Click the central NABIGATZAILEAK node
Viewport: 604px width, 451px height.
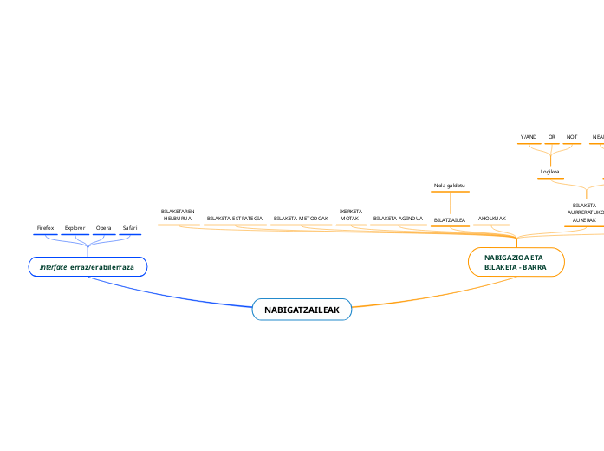302,310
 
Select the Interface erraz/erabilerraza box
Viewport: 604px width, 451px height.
88,267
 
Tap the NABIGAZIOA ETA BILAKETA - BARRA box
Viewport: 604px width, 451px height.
516,262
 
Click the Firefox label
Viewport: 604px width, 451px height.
45,228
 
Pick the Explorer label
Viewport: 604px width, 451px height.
75,228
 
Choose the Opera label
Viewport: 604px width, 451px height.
104,228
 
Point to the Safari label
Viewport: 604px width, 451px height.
129,228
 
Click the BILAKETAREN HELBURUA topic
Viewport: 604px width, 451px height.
177,215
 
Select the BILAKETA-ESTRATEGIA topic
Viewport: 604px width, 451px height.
235,219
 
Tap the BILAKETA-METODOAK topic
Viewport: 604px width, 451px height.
301,219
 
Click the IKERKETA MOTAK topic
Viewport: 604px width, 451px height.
350,215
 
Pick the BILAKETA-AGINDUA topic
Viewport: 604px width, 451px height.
398,219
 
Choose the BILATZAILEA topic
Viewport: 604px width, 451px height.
450,220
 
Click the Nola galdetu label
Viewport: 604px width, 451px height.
450,186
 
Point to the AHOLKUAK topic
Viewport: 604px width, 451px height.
492,219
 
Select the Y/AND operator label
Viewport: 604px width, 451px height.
528,137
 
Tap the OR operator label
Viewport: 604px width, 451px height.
552,137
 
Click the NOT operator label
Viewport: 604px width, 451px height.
572,137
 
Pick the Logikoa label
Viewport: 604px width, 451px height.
549,172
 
